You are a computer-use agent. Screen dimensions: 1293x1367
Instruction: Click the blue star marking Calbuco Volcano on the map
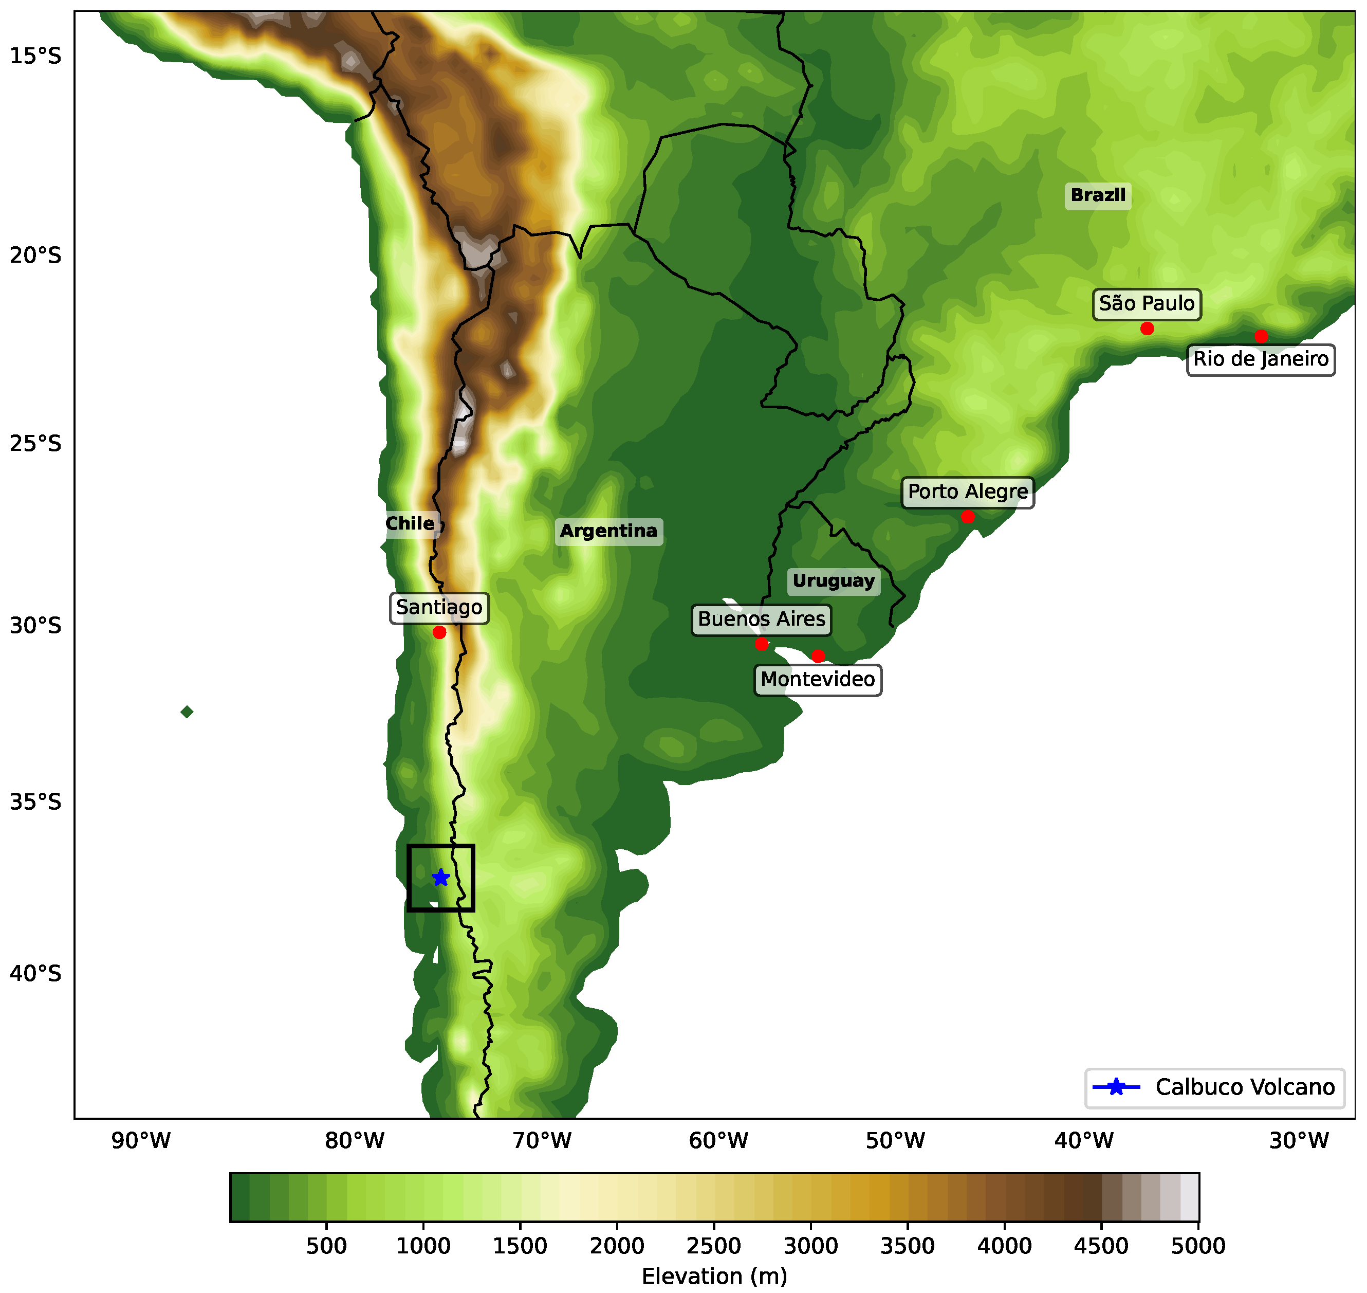[x=441, y=878]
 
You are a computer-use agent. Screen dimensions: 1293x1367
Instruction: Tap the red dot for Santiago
[x=439, y=632]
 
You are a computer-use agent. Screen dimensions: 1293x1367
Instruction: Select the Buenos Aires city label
[x=762, y=619]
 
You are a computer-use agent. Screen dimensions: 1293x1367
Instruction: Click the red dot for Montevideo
[x=818, y=655]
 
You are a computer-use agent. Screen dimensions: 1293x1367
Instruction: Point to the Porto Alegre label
[x=967, y=491]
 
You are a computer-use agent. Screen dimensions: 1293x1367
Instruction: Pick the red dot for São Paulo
[x=1147, y=328]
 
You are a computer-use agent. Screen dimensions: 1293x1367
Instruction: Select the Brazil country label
[x=1098, y=195]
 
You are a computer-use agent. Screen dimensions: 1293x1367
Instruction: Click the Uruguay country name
[x=834, y=581]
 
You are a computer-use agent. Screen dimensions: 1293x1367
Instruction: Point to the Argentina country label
[x=609, y=531]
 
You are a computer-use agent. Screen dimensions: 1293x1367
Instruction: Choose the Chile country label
[x=410, y=523]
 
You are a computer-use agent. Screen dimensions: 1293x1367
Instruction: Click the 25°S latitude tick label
[x=35, y=443]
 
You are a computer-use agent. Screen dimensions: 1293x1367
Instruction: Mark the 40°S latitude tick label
[x=35, y=973]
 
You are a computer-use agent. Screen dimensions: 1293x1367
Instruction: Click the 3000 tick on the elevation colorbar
[x=811, y=1245]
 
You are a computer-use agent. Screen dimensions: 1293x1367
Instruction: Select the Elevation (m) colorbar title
[x=714, y=1276]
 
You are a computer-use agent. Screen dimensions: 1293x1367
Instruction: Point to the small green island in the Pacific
[x=187, y=712]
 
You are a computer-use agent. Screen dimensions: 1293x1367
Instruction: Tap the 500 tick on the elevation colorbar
[x=326, y=1245]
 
